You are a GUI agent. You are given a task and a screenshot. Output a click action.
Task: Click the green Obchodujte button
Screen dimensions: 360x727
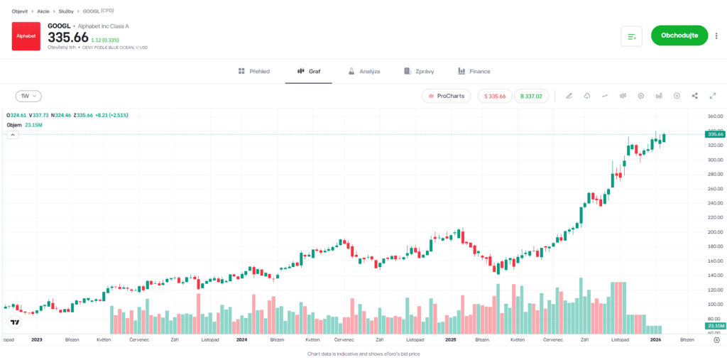coord(679,36)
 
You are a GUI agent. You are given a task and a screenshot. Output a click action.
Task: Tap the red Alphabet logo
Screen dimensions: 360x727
coord(26,36)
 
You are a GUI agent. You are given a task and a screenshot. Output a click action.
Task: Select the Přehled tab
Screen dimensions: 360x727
coord(254,72)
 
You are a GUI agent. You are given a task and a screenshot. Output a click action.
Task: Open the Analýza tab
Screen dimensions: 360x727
coord(364,72)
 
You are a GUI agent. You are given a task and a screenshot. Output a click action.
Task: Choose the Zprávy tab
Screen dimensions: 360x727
coord(419,72)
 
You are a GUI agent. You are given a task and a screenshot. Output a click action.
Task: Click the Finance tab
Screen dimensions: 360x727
coord(474,72)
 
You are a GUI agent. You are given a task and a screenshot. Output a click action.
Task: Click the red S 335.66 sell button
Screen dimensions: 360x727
coord(495,96)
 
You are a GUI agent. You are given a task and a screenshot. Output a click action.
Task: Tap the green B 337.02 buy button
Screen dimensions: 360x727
coord(531,96)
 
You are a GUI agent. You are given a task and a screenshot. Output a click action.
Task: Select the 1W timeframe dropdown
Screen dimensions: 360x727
coord(29,96)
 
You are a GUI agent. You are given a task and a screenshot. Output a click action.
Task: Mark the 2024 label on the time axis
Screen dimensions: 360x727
coord(241,340)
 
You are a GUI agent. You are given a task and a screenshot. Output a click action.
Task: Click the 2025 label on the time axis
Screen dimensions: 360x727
coord(450,340)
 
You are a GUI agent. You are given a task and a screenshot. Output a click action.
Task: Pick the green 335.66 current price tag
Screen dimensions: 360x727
coord(714,133)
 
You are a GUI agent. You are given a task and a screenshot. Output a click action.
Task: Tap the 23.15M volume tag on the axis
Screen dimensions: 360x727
coord(714,326)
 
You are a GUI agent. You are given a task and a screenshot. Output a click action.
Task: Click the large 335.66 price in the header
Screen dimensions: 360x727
coord(68,37)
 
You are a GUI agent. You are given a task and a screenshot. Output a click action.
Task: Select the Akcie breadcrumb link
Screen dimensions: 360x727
coord(43,11)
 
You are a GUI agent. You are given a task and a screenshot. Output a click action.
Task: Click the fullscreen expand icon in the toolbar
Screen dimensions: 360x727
coord(712,96)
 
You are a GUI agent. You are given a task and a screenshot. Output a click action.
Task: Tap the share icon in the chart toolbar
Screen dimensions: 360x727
coord(694,96)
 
